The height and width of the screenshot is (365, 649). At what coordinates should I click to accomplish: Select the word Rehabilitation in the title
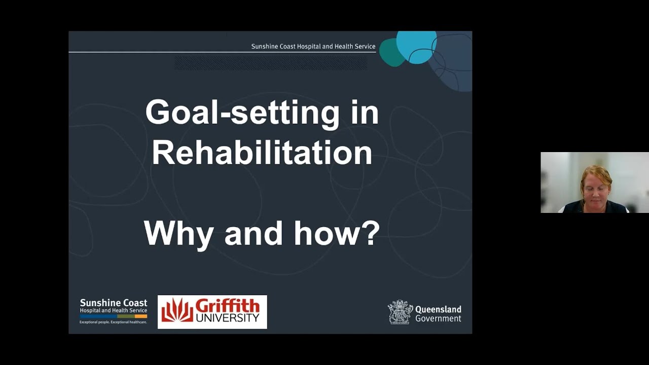coord(262,153)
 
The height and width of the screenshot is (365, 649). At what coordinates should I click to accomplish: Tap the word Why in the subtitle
coord(178,233)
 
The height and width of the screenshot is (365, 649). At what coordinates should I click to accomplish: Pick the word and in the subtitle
coord(253,233)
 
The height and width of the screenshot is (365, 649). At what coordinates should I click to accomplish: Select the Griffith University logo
coord(212,312)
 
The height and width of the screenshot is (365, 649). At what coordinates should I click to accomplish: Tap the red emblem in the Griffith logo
coord(177,310)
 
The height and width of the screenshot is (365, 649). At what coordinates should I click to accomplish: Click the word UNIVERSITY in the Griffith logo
coord(227,318)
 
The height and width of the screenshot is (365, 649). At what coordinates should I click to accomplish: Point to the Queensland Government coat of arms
coord(400,312)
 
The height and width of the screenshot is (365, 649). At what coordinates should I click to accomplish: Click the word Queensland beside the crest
coord(438,309)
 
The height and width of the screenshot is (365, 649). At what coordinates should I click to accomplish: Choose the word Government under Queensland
coord(438,318)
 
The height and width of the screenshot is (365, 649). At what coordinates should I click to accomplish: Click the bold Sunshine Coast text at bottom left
coord(114,303)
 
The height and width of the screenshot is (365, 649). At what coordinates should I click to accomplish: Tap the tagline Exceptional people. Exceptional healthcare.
coord(113,322)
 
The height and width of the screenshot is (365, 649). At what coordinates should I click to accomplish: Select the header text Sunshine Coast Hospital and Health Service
coord(313,46)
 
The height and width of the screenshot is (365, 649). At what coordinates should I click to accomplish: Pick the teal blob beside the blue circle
coord(390,53)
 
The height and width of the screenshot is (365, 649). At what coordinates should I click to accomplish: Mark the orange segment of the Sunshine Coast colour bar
coord(141,316)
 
